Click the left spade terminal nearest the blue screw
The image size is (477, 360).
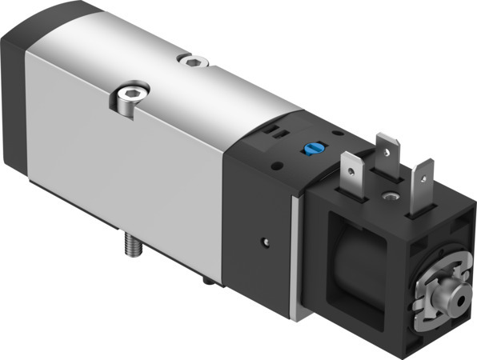pyautogui.click(x=351, y=171)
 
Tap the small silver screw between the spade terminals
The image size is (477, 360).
pyautogui.click(x=390, y=195)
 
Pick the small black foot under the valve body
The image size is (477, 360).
pyautogui.click(x=209, y=281)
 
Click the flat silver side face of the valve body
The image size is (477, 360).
pyautogui.click(x=128, y=184)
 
